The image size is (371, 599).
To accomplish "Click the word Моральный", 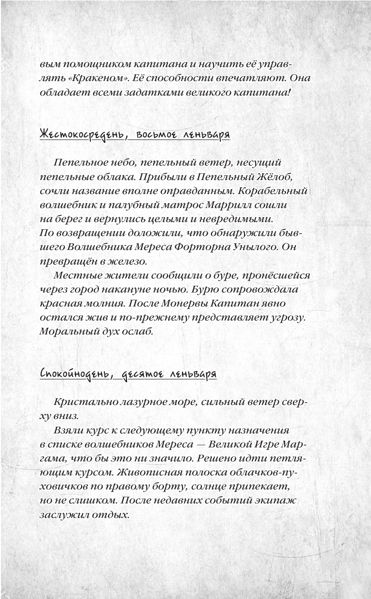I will [x=66, y=332].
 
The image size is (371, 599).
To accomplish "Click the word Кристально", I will [x=82, y=403].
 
